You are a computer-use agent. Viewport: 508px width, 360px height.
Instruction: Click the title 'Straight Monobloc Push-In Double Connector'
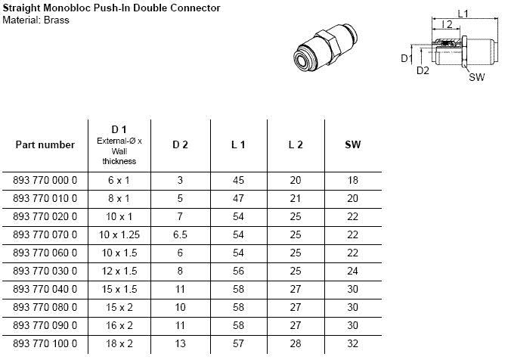click(x=110, y=8)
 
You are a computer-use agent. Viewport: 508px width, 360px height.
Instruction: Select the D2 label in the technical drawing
click(x=423, y=70)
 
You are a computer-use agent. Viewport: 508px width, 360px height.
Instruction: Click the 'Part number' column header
click(x=45, y=144)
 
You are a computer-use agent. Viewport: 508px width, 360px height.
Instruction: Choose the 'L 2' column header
click(x=296, y=144)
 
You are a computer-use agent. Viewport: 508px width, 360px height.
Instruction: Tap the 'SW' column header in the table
click(x=352, y=144)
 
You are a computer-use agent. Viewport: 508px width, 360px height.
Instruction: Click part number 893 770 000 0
click(x=45, y=180)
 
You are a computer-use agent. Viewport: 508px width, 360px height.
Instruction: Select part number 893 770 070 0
click(x=45, y=234)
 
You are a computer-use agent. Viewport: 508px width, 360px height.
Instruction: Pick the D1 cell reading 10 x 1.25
click(x=119, y=234)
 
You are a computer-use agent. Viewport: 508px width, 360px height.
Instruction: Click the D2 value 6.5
click(x=180, y=234)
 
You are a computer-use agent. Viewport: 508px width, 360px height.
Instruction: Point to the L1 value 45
click(x=238, y=180)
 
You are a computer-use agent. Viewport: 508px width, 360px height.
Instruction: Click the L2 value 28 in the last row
click(x=296, y=343)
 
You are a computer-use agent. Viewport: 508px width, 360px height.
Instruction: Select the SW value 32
click(x=352, y=343)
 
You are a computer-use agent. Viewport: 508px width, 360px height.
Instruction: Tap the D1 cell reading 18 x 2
click(x=119, y=343)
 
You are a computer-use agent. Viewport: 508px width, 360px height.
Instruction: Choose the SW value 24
click(x=352, y=271)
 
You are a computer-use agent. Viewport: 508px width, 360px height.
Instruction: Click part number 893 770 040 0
click(x=45, y=289)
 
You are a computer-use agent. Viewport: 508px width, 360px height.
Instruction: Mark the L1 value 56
click(x=238, y=271)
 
